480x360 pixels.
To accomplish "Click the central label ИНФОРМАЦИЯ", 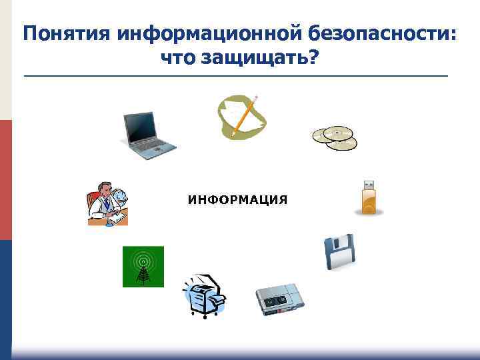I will click(237, 199).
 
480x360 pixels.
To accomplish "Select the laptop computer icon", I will click(148, 136).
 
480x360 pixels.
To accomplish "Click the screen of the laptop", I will click(141, 127).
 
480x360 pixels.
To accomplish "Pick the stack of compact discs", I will click(335, 137).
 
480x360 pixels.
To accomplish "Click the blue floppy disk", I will click(340, 252).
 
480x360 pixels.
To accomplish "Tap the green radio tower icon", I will click(143, 267).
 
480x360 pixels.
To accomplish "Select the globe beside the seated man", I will click(121, 197).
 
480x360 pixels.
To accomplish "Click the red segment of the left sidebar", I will click(5, 180).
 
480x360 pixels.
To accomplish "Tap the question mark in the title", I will click(314, 58).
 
